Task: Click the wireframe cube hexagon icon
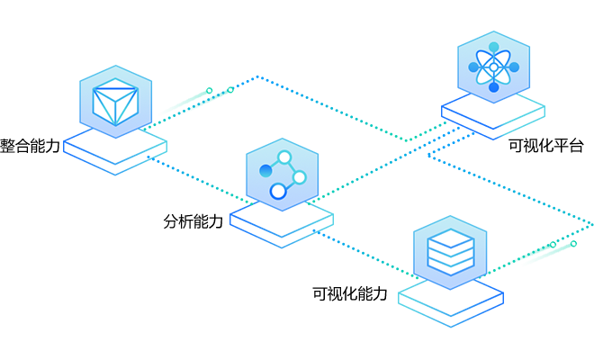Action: pos(115,100)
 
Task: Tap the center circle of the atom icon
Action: pos(493,67)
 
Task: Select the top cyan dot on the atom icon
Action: pos(493,48)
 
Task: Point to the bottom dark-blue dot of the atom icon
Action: pos(493,87)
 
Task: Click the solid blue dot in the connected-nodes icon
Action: pos(265,170)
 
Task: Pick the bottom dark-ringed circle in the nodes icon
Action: pos(278,191)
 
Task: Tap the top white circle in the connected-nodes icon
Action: pos(285,158)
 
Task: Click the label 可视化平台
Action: pos(546,145)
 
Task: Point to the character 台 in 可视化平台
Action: pos(576,145)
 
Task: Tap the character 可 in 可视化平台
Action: pos(516,145)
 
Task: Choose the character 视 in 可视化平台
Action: pos(531,145)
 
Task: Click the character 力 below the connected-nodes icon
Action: pos(215,221)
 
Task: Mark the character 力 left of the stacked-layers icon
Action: pos(380,293)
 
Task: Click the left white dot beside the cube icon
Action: pos(210,90)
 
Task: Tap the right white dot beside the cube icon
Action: pos(230,90)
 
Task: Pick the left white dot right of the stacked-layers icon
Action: pos(553,244)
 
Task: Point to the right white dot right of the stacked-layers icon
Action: pos(573,244)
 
